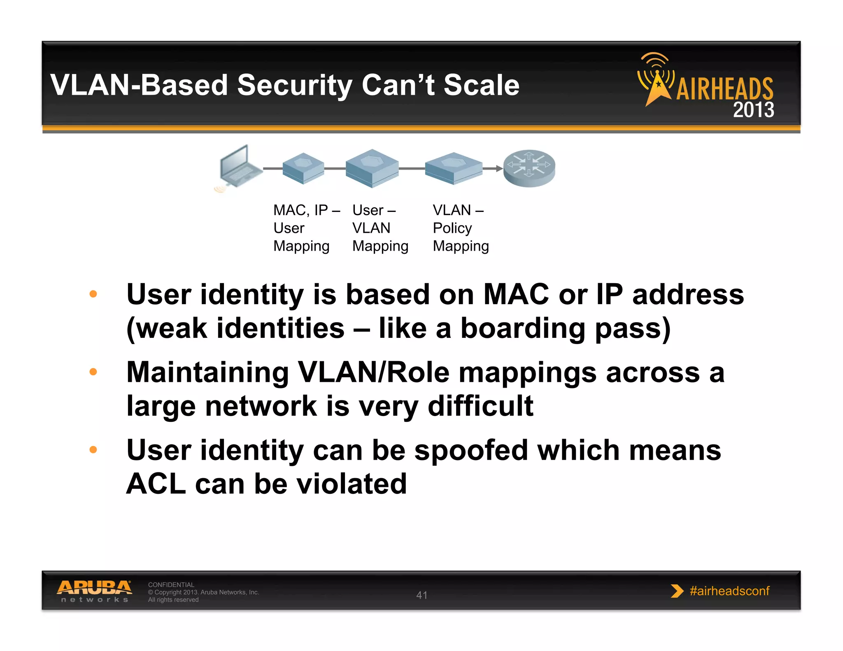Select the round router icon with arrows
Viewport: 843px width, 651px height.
[x=529, y=168]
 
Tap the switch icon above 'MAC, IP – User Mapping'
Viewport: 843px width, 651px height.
[x=303, y=168]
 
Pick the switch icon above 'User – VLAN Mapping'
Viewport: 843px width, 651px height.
[x=372, y=168]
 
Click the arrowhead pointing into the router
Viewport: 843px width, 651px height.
[x=499, y=168]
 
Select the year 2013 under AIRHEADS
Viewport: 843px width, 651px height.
[x=753, y=110]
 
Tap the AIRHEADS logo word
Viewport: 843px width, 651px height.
[x=725, y=88]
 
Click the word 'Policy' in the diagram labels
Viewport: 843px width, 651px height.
[x=452, y=228]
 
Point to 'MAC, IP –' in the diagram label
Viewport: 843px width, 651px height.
[x=307, y=210]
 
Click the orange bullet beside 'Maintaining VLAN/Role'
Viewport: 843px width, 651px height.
[x=93, y=372]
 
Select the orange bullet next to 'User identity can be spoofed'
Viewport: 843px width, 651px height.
[x=93, y=450]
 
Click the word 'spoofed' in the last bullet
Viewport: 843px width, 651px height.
[x=471, y=450]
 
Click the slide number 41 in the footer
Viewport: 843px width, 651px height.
[x=421, y=595]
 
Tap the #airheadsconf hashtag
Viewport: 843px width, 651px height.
[x=729, y=591]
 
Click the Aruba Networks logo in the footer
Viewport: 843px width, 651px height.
[x=94, y=591]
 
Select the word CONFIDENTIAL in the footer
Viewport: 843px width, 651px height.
[x=171, y=585]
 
